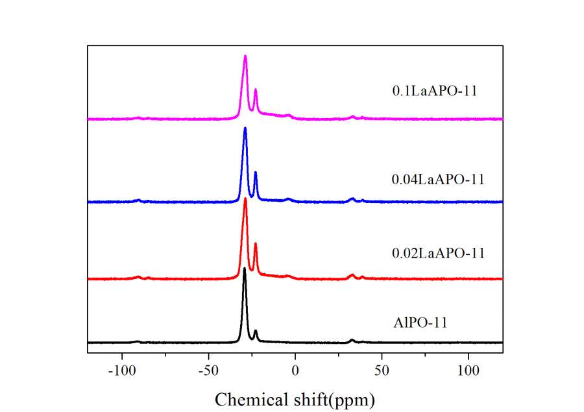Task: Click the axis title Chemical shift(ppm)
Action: [295, 398]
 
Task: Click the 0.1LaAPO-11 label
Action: [435, 91]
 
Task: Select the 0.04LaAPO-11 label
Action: [438, 179]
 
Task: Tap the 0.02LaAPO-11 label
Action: [438, 253]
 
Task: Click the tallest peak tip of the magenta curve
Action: [245, 56]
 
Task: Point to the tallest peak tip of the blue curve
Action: [245, 128]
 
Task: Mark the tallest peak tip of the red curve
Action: [245, 199]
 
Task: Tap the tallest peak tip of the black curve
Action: [245, 268]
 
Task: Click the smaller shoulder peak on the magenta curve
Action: [256, 90]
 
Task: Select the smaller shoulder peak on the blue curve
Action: [256, 173]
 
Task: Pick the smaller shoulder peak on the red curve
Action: [256, 243]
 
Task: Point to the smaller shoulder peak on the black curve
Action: [256, 331]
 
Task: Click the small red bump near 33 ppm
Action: [352, 275]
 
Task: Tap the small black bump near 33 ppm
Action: [352, 339]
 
